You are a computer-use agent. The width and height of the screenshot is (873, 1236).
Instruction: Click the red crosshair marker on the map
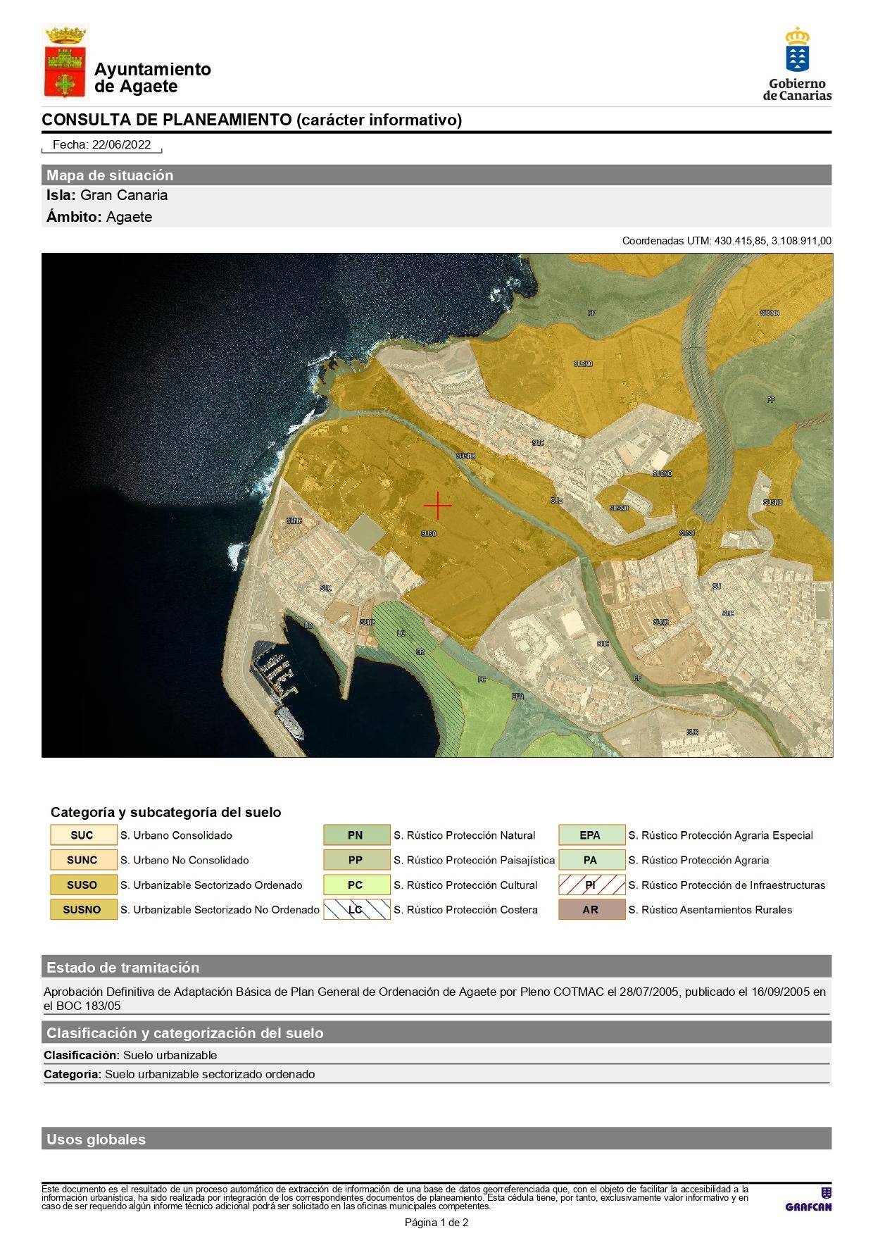[437, 506]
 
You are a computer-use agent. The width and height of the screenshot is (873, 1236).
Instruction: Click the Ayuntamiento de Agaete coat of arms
[65, 62]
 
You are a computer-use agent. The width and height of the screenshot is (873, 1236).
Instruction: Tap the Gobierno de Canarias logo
[797, 64]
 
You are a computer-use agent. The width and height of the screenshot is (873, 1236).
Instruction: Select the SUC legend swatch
[83, 835]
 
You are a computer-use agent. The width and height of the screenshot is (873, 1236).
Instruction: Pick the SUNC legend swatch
[83, 860]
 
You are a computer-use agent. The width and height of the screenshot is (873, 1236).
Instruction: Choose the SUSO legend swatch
[83, 885]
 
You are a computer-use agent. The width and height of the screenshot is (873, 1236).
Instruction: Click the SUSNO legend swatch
[83, 909]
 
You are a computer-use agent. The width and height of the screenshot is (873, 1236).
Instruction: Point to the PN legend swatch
[356, 835]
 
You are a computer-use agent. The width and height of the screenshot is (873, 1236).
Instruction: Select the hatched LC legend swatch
[356, 909]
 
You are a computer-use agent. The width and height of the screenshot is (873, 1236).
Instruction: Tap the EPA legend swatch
[591, 835]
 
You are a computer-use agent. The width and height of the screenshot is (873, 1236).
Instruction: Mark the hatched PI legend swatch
[591, 885]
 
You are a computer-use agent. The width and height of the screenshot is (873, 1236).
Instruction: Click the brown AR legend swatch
[591, 909]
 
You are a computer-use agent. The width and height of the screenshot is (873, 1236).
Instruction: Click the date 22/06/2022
[121, 144]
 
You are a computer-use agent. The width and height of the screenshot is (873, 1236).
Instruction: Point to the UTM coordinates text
[727, 241]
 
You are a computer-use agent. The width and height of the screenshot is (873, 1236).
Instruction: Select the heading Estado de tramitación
[123, 967]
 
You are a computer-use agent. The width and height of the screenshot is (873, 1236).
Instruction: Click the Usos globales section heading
[96, 1139]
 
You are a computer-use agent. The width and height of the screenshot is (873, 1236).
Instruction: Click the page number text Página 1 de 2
[436, 1223]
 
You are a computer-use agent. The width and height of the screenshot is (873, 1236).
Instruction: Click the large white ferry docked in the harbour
[290, 723]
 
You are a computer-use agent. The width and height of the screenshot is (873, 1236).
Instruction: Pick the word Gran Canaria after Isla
[124, 195]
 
